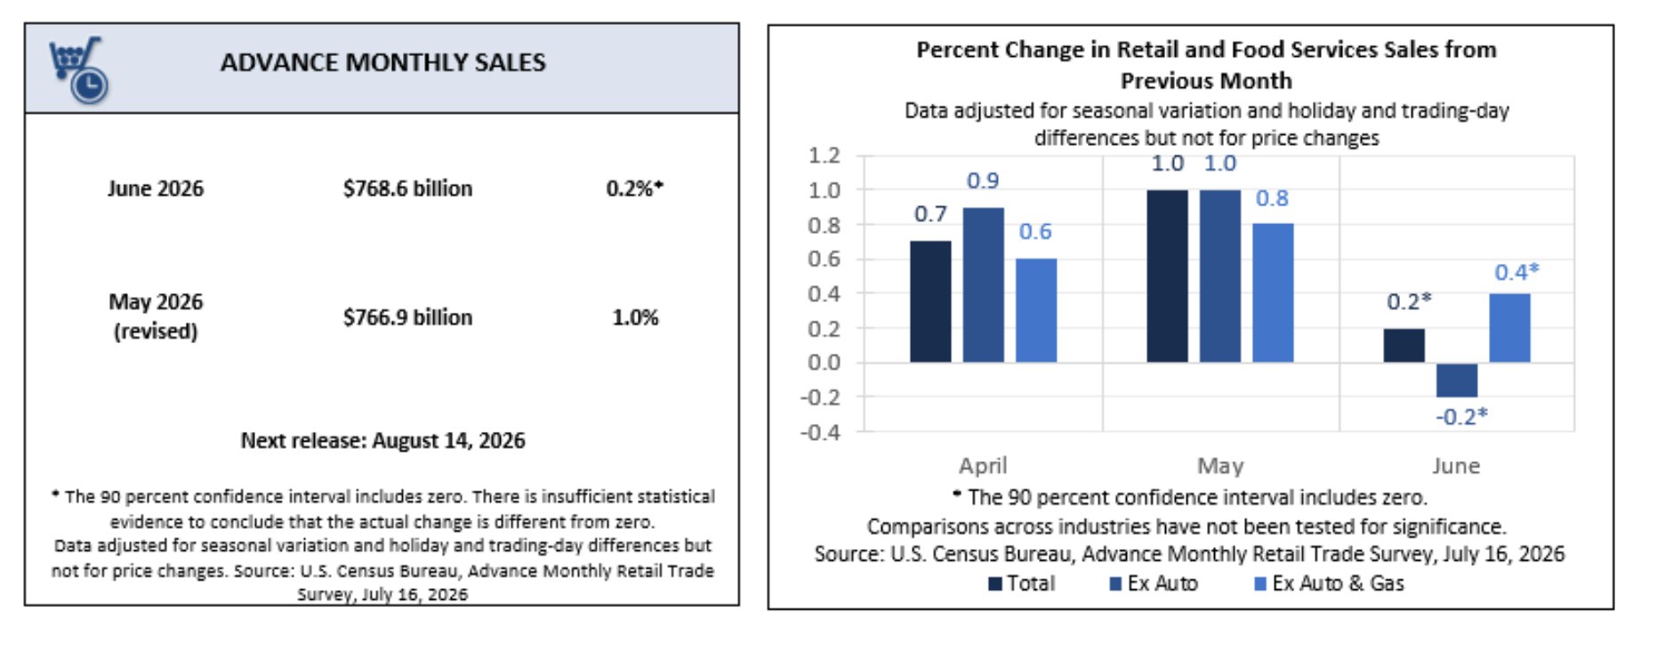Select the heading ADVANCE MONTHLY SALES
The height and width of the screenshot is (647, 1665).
pos(383,63)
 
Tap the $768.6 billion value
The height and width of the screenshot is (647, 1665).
pos(408,188)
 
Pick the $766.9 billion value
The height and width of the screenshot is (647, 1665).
pos(408,317)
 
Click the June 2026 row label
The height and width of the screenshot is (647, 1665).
pos(156,188)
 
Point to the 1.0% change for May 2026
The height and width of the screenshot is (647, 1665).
pos(635,317)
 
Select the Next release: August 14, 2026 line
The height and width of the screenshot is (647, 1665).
pos(383,441)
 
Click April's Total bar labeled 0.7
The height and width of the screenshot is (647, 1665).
pos(930,301)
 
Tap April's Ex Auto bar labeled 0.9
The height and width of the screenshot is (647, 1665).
pos(983,284)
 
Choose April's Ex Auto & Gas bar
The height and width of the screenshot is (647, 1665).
pos(1036,310)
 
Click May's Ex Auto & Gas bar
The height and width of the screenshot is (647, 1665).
pos(1273,292)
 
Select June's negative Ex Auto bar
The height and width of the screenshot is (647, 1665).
pos(1457,379)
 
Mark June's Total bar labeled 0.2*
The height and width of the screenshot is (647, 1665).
pos(1404,345)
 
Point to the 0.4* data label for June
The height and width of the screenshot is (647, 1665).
pos(1516,272)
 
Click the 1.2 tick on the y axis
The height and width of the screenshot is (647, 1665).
pos(824,156)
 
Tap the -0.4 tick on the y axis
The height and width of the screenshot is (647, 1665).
pos(820,432)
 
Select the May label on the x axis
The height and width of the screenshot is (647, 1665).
pos(1220,466)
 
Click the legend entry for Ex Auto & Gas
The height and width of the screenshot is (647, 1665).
pos(1329,584)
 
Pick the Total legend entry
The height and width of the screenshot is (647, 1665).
pos(1022,584)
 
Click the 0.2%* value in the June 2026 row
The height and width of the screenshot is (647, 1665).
pos(635,188)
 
